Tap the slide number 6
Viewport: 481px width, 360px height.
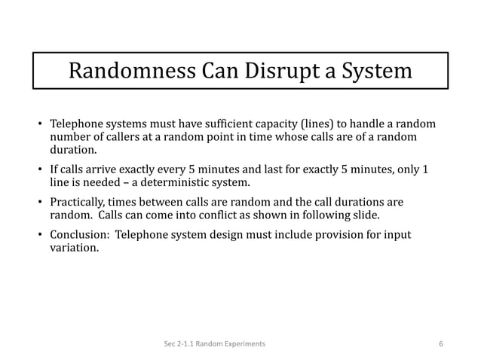coord(441,344)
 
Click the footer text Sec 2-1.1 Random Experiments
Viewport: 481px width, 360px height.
coord(214,344)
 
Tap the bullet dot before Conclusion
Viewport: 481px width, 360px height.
coord(41,236)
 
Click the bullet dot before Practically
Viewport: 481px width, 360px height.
coord(41,203)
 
